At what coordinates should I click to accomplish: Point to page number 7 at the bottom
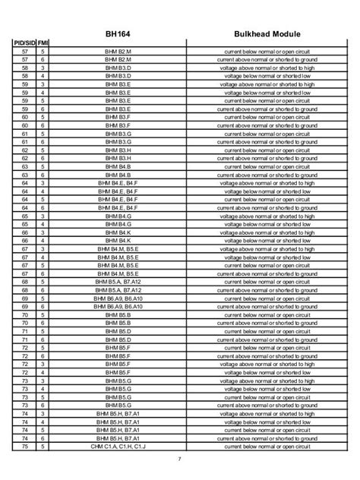point(180,459)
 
